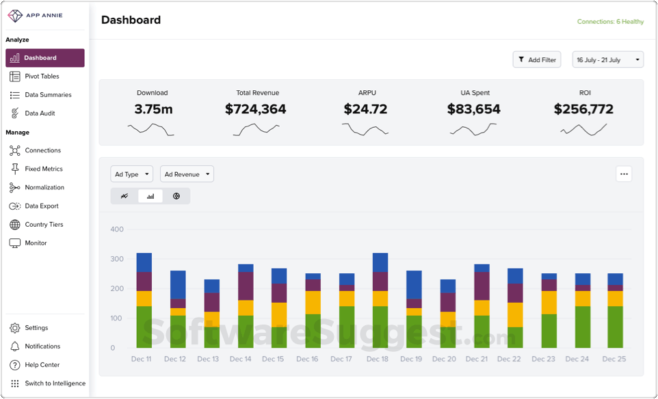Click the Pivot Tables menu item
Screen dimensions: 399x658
[42, 77]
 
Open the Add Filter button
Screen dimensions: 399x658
[537, 60]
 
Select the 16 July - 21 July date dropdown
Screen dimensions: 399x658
[607, 60]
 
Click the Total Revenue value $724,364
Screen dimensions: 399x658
[255, 109]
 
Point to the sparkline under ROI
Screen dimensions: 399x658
[583, 129]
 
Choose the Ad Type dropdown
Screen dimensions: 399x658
[131, 174]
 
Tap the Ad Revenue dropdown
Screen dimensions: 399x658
[187, 174]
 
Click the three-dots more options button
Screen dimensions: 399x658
[624, 174]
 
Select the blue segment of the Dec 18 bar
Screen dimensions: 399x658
[380, 262]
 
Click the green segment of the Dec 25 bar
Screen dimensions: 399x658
[615, 327]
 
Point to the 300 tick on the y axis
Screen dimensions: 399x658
[117, 259]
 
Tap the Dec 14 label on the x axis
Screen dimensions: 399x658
[241, 359]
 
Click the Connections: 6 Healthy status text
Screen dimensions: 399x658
[610, 22]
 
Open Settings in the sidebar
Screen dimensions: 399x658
[36, 328]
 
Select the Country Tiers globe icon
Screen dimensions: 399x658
[15, 225]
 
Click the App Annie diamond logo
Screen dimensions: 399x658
[15, 15]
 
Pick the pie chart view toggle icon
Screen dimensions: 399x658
[176, 196]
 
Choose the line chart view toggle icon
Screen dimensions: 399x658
[124, 196]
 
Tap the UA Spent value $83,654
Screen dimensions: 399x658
[473, 109]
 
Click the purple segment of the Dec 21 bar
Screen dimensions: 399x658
[482, 286]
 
